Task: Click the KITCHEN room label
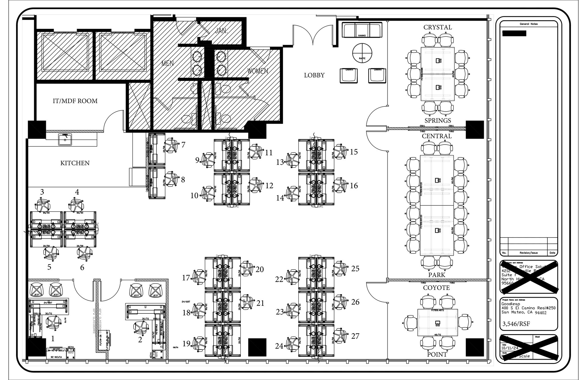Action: coord(75,163)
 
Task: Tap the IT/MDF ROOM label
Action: coord(75,101)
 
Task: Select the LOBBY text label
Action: coord(314,75)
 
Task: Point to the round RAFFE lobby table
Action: coord(362,53)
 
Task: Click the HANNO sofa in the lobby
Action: coord(362,30)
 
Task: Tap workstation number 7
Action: coord(183,145)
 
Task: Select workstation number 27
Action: coord(355,336)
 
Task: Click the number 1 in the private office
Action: coord(53,339)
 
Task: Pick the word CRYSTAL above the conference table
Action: coord(437,27)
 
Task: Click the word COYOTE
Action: coord(436,288)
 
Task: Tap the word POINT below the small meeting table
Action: coord(437,354)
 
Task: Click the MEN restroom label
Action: coord(167,63)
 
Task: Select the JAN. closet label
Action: coord(221,31)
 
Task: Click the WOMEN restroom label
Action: coord(257,71)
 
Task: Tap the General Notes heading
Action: coord(529,24)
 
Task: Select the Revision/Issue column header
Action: coord(528,253)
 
